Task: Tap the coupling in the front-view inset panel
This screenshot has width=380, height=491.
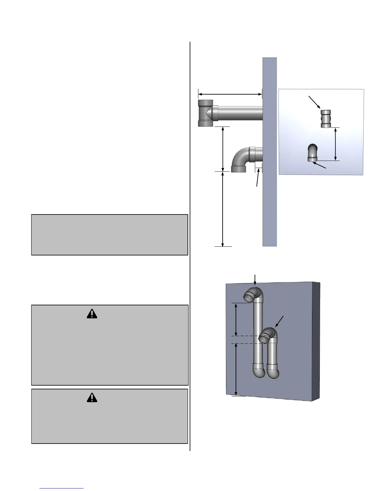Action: pos(326,119)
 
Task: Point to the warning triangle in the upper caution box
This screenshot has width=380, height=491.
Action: pos(92,314)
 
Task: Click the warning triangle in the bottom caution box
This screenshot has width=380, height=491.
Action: pos(92,398)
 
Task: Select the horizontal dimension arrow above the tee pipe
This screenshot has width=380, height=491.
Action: pos(230,94)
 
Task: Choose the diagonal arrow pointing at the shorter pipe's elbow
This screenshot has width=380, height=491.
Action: pos(279,322)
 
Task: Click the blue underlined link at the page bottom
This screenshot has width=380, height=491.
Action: pos(62,488)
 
